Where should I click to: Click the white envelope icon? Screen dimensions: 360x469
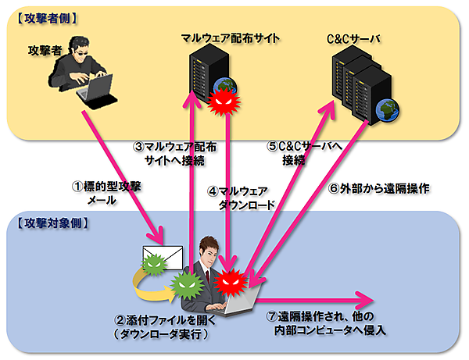coord(161,257)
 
